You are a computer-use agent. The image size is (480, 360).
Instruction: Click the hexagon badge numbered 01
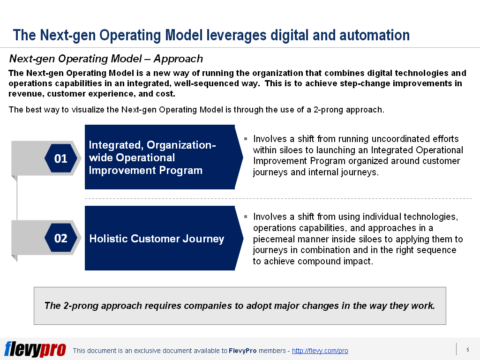[61, 158]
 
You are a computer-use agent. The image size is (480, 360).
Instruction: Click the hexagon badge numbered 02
[61, 238]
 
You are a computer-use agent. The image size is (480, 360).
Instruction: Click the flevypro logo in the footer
[35, 349]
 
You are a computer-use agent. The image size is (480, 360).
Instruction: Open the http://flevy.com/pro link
[320, 351]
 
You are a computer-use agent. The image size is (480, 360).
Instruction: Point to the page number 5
[467, 350]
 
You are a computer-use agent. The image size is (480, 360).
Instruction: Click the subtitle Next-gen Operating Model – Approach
[106, 59]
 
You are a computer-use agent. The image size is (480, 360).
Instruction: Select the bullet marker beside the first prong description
[246, 139]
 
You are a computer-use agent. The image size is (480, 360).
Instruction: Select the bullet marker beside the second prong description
[246, 217]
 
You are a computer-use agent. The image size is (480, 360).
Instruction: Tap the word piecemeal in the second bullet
[273, 239]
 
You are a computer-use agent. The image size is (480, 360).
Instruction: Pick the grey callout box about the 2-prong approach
[240, 306]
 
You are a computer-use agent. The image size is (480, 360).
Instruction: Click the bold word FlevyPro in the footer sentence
[242, 351]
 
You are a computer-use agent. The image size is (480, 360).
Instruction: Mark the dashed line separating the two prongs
[278, 199]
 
